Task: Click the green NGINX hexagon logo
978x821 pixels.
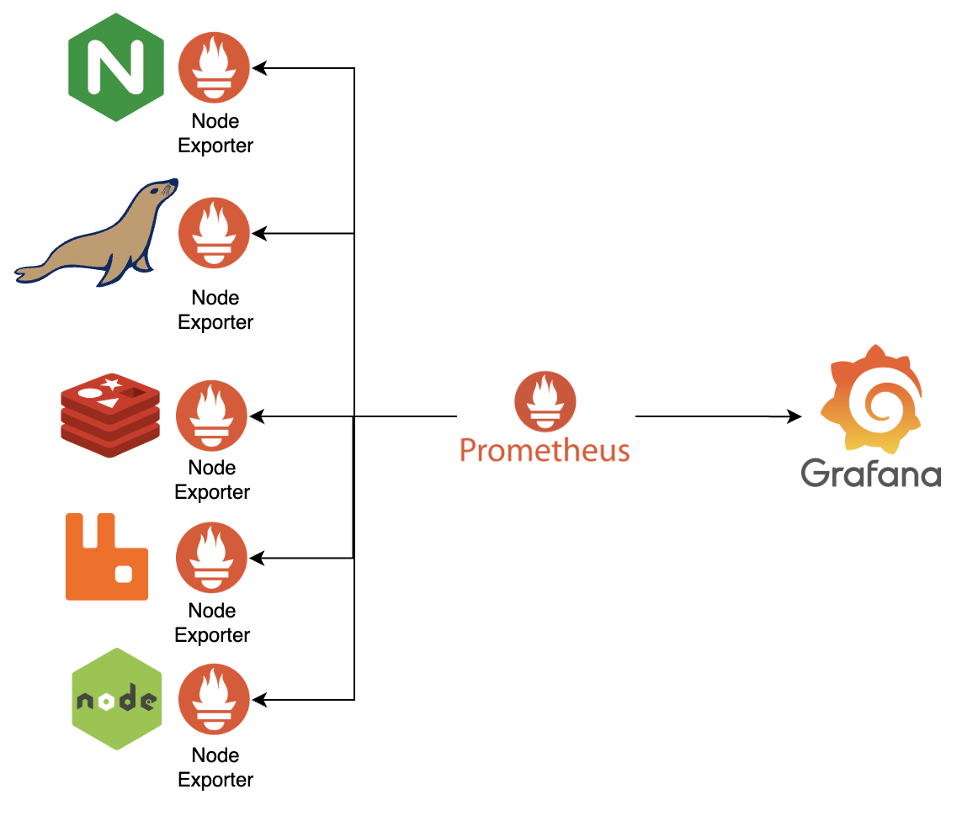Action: (x=115, y=67)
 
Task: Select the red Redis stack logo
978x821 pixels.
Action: (x=110, y=416)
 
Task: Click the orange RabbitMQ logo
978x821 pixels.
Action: (x=107, y=557)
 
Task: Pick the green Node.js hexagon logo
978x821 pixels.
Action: (x=116, y=698)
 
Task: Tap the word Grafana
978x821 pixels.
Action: (x=871, y=473)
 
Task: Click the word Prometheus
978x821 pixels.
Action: (x=545, y=450)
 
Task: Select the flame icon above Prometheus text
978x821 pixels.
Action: (x=545, y=402)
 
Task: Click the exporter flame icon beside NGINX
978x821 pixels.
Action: (x=215, y=67)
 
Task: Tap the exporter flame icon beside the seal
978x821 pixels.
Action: (x=215, y=233)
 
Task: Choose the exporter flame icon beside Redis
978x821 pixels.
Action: (x=211, y=416)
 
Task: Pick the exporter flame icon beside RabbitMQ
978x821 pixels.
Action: (x=211, y=558)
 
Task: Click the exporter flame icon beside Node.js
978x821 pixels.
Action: (x=215, y=699)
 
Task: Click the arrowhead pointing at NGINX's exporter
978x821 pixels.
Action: (x=259, y=67)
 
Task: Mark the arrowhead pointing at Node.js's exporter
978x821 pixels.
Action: (x=259, y=699)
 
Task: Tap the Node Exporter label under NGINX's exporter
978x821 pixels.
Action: (x=215, y=134)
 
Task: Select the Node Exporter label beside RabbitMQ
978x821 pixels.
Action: (x=212, y=622)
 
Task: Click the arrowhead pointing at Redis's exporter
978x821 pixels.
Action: (x=256, y=416)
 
